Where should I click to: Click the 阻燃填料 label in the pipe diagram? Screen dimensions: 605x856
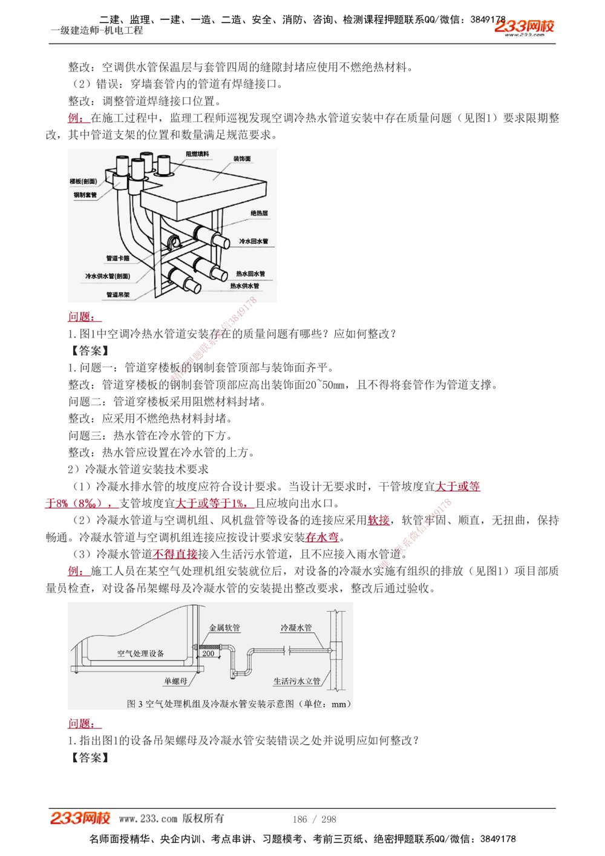[197, 154]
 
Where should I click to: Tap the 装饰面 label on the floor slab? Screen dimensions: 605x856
[242, 159]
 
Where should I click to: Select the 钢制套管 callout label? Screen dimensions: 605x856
[85, 195]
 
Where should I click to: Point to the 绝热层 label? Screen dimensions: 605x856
[259, 214]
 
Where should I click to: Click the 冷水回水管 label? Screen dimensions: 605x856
[253, 241]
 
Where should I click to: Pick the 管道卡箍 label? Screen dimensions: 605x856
[118, 258]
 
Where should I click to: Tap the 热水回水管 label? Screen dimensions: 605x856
[250, 274]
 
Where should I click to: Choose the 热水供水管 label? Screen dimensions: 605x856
[244, 286]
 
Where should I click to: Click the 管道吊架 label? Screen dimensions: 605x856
[118, 295]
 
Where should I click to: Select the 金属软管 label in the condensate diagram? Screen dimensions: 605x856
[224, 628]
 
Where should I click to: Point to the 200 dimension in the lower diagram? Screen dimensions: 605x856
[208, 654]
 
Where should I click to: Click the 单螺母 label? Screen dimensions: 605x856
[175, 681]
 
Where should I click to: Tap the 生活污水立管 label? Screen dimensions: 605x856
[296, 681]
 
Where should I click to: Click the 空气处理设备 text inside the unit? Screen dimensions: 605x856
[140, 653]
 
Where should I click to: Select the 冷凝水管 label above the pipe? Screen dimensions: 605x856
[296, 628]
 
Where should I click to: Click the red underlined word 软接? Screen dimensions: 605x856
[379, 520]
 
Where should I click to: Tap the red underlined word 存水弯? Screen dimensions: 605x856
[322, 537]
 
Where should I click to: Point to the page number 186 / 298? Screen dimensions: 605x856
[314, 819]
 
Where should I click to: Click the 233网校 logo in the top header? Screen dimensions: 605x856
[524, 27]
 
